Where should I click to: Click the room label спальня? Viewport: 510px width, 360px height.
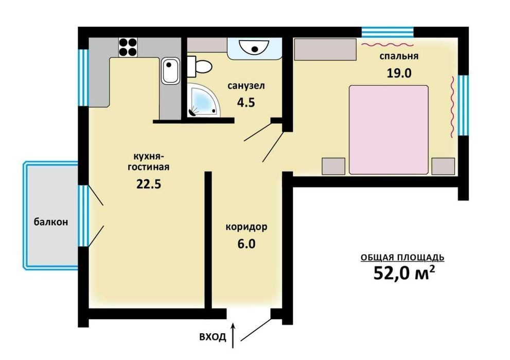pyautogui.click(x=399, y=57)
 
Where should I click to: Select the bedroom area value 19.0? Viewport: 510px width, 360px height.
pyautogui.click(x=399, y=73)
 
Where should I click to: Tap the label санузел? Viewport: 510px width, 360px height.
pyautogui.click(x=246, y=86)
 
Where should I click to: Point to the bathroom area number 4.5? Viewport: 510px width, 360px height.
pyautogui.click(x=246, y=102)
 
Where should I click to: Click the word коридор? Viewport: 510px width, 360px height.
pyautogui.click(x=247, y=227)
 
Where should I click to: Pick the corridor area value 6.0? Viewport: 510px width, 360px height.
pyautogui.click(x=247, y=244)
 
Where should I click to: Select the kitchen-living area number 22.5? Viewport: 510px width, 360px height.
pyautogui.click(x=149, y=184)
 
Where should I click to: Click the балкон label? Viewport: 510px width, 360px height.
pyautogui.click(x=51, y=222)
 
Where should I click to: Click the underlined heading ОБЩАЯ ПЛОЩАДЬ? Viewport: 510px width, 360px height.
pyautogui.click(x=402, y=258)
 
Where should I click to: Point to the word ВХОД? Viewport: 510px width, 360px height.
pyautogui.click(x=213, y=337)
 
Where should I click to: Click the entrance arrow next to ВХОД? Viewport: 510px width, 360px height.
pyautogui.click(x=233, y=335)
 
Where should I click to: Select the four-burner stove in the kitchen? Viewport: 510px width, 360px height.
pyautogui.click(x=128, y=47)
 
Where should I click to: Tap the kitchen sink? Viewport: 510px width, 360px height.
pyautogui.click(x=170, y=71)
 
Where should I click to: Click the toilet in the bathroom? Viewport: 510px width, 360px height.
pyautogui.click(x=199, y=66)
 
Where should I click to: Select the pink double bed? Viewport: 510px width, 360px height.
pyautogui.click(x=389, y=130)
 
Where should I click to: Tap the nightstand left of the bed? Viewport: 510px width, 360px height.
pyautogui.click(x=333, y=166)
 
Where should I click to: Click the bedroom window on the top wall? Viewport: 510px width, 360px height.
pyautogui.click(x=388, y=32)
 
